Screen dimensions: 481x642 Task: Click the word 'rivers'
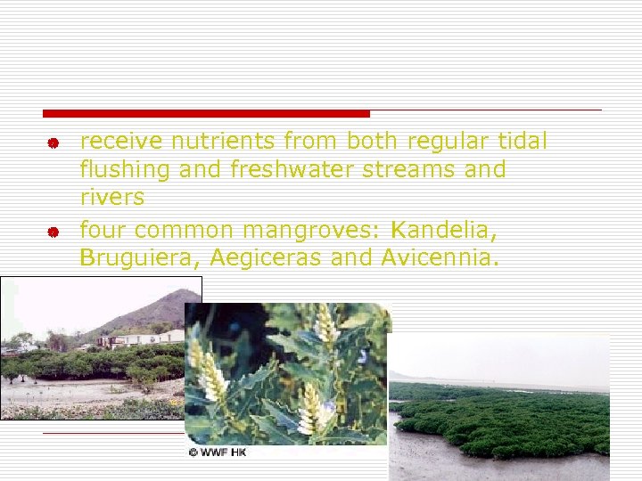[111, 196]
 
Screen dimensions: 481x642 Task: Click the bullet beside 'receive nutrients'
[53, 143]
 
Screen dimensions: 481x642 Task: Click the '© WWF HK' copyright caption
[218, 452]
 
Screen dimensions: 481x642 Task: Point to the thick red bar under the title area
[206, 113]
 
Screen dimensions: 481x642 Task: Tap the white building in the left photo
[143, 338]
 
